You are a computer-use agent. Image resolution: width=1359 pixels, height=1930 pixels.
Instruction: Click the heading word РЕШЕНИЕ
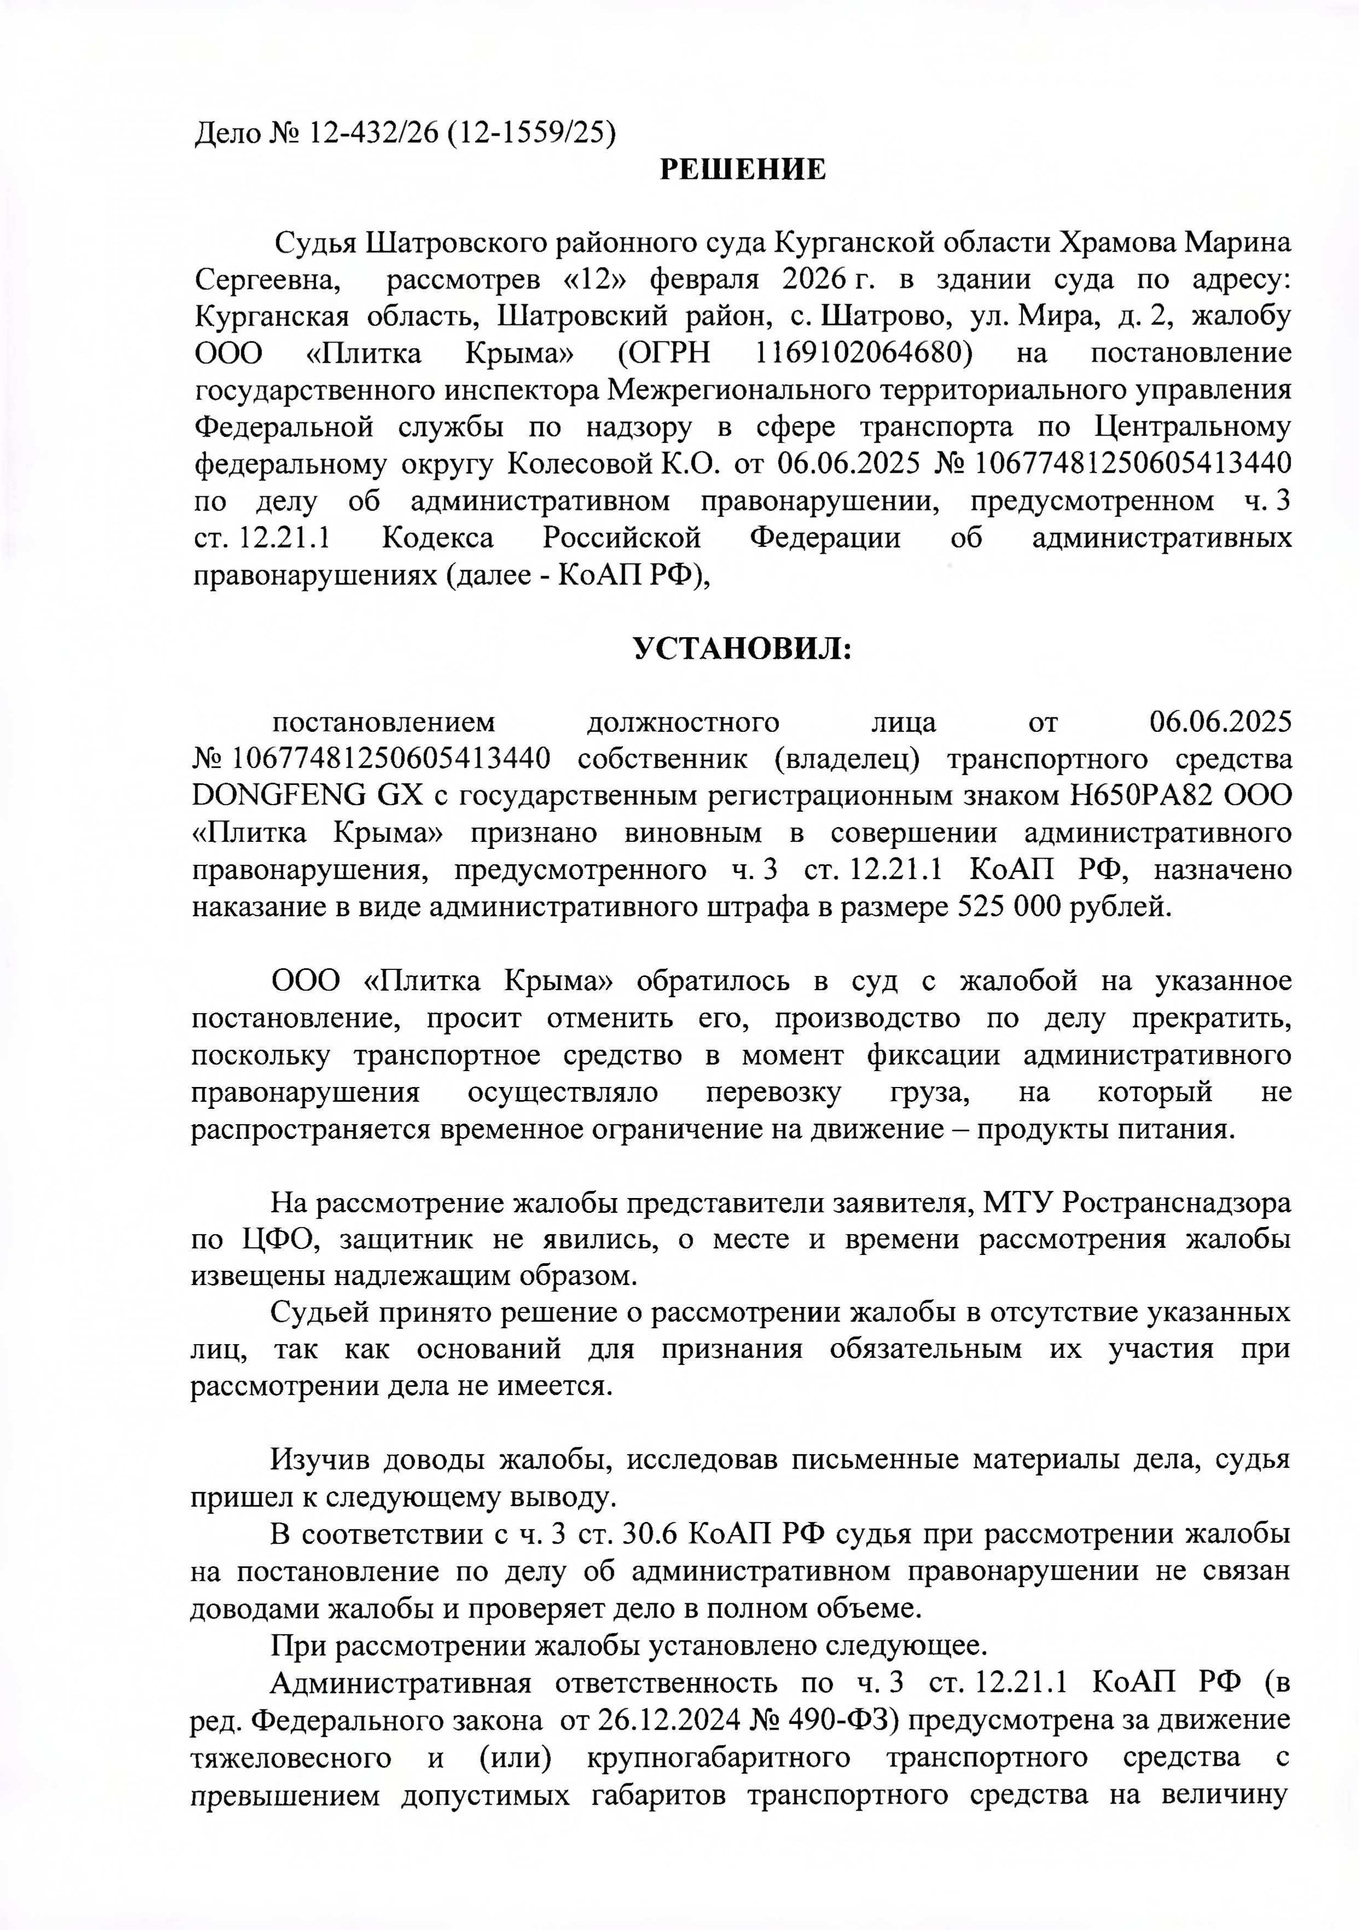(742, 170)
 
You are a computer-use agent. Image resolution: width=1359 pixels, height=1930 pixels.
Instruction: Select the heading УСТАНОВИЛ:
(742, 649)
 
